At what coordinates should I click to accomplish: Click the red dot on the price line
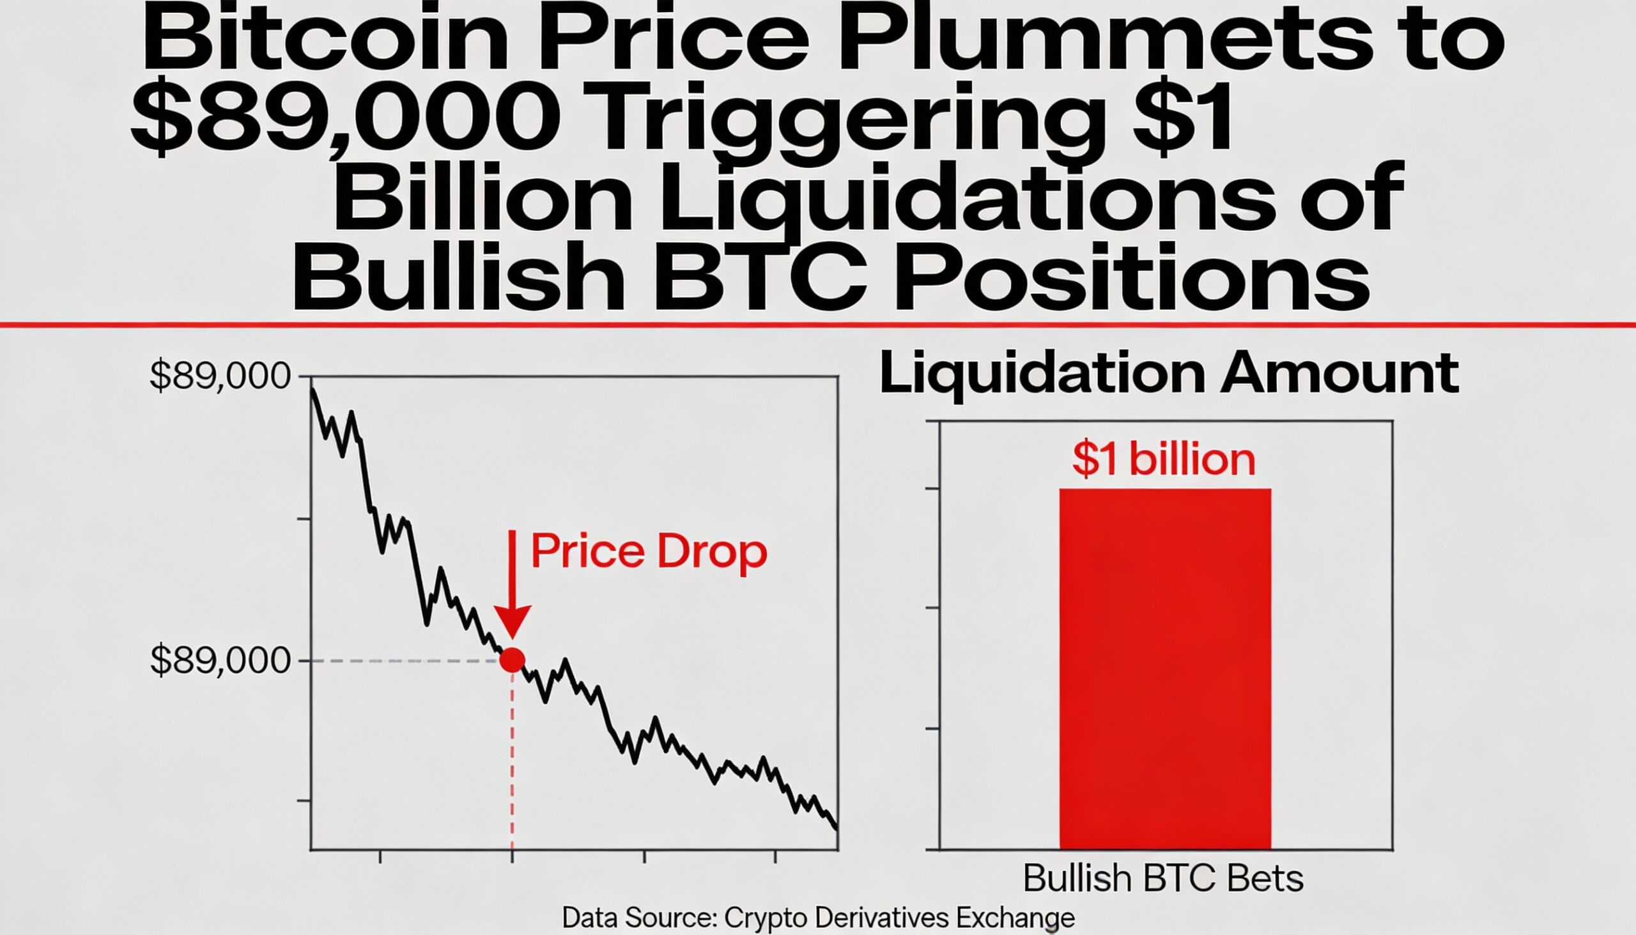(x=512, y=660)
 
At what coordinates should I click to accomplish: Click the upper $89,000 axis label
(x=220, y=377)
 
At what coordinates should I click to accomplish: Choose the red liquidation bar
(x=1165, y=668)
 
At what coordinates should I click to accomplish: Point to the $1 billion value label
(x=1164, y=460)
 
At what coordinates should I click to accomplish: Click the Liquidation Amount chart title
(x=1169, y=375)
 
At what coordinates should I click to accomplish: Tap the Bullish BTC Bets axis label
(x=1163, y=879)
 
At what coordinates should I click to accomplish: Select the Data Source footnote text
(x=818, y=918)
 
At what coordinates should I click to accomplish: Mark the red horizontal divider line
(x=818, y=325)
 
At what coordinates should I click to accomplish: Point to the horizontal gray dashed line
(x=405, y=660)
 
